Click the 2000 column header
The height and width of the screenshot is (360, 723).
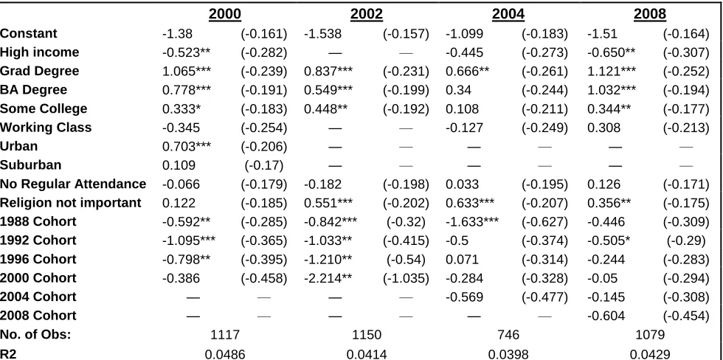(225, 14)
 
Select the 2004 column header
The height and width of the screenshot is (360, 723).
(508, 14)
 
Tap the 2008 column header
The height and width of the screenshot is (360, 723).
(650, 14)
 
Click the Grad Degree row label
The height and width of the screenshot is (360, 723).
(40, 71)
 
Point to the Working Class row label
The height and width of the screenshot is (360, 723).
(46, 127)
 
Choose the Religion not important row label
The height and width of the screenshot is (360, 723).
(71, 203)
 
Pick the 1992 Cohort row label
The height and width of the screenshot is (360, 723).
(38, 240)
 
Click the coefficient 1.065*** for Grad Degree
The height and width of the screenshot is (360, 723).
(187, 71)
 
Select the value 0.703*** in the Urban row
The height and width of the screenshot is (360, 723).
(187, 146)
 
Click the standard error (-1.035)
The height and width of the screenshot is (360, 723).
(407, 278)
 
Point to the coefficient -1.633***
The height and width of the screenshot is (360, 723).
(471, 222)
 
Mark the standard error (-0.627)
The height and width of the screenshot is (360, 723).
(544, 222)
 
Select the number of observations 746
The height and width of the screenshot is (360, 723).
(508, 335)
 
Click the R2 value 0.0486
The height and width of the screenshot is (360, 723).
(225, 354)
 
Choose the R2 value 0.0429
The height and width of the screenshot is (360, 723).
(650, 354)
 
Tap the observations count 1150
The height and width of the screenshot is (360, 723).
(367, 335)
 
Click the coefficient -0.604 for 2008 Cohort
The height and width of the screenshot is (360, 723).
(606, 316)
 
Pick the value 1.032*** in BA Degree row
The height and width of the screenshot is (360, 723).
(612, 90)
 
